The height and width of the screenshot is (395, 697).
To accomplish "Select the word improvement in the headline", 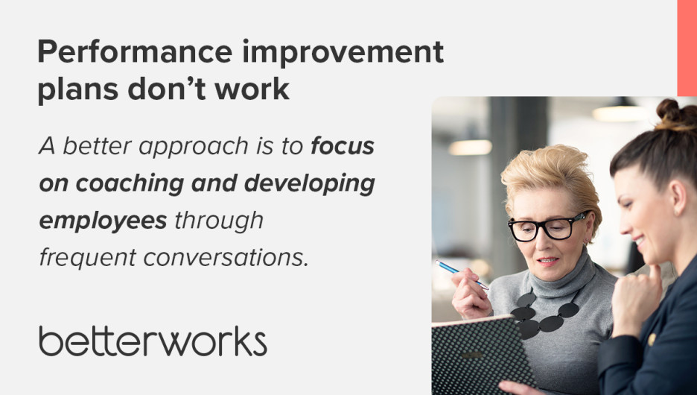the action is pos(343,51).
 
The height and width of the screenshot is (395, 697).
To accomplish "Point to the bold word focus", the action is pos(343,146).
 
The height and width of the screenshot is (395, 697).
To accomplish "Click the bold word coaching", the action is pos(130,183).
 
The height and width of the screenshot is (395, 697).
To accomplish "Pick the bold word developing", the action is pos(310,183).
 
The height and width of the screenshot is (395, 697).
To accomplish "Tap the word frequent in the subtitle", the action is pos(88,258).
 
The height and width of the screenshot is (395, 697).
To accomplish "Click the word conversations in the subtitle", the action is pos(226,258).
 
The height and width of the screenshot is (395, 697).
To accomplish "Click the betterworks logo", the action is pos(153,341).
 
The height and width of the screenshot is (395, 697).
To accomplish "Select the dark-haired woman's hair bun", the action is pos(674,114).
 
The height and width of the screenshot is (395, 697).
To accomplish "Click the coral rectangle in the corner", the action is pos(687,48).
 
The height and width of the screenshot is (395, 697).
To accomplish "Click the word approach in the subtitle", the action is pos(194,147).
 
